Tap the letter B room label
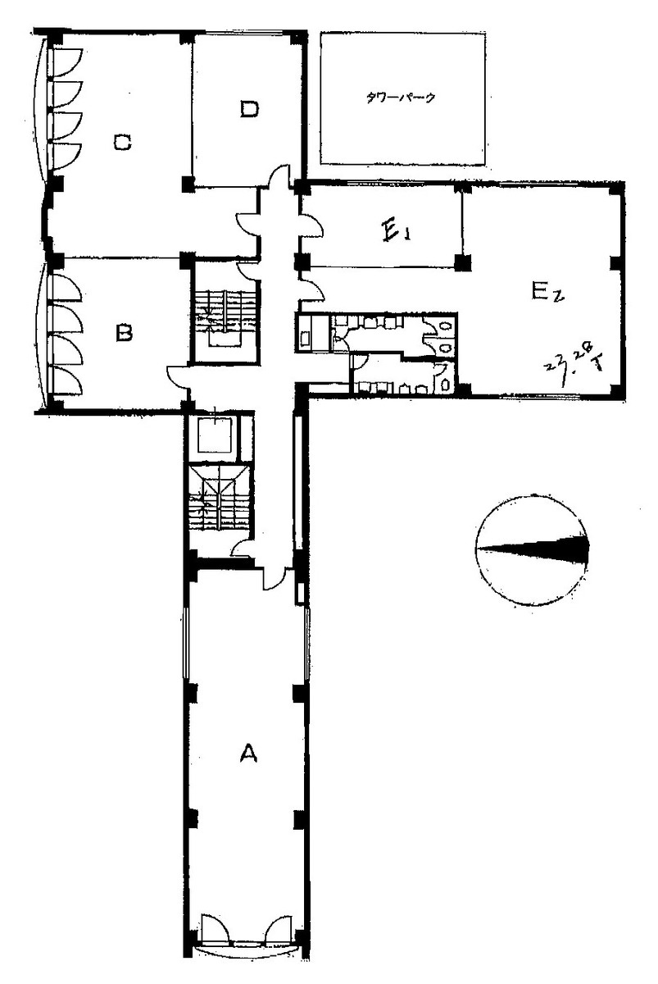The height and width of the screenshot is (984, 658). click(124, 333)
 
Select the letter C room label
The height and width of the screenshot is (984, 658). click(123, 143)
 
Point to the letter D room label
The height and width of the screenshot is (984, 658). click(249, 108)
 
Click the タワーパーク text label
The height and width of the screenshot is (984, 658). click(401, 98)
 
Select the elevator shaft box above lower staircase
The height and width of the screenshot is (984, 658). click(212, 435)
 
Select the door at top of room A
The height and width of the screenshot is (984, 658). click(274, 576)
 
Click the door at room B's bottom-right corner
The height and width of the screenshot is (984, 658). click(178, 376)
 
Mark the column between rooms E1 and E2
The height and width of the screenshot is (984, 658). click(463, 263)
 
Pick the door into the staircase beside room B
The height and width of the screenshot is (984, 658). click(247, 269)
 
